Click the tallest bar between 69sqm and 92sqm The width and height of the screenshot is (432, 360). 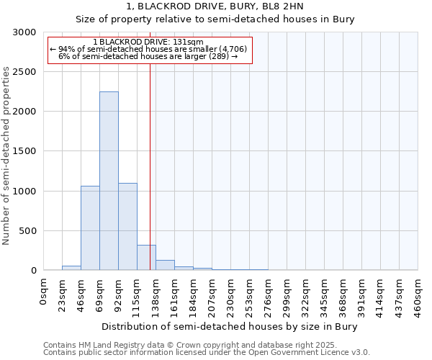point(109,181)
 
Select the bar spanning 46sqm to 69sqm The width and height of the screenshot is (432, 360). point(90,228)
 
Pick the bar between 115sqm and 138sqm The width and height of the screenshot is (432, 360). point(146,257)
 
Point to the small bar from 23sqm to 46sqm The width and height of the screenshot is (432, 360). point(71,268)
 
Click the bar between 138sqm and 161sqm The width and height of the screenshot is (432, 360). point(165,265)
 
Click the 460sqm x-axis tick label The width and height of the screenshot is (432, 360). point(418,296)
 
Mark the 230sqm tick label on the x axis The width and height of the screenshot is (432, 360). point(230,296)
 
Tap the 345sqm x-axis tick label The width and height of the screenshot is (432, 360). point(324,296)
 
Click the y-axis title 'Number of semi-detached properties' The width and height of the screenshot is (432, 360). point(7,156)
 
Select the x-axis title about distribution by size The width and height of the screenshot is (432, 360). point(230,326)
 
